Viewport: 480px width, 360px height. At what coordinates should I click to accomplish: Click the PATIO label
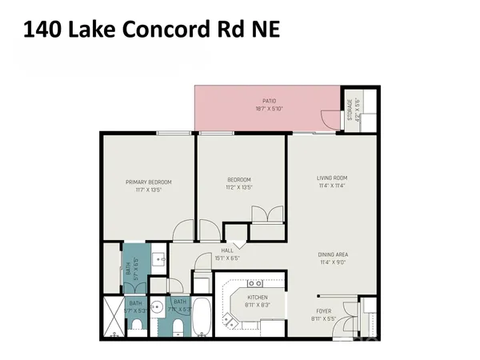270,101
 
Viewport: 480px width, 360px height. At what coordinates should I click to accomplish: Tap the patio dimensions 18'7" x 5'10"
270,108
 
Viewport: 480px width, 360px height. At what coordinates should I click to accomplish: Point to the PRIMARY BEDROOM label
149,182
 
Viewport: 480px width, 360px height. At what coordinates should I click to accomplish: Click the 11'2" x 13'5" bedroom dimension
239,187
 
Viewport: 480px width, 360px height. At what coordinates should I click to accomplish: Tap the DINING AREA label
333,254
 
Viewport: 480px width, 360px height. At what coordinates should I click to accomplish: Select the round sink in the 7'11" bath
158,307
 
